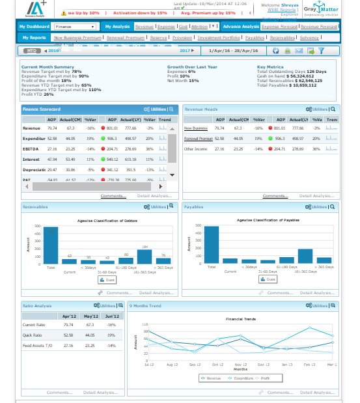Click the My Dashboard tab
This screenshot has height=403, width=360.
33,27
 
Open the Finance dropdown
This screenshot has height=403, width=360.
75,27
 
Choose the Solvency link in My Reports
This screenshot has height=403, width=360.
309,38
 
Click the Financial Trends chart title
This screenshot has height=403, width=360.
242,319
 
